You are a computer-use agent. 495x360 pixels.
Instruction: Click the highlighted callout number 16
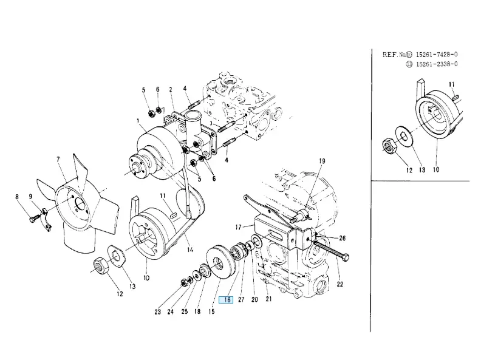pos(227,299)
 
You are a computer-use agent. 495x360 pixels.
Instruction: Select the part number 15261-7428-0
pos(437,54)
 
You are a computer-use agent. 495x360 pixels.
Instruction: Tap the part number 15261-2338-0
pos(437,64)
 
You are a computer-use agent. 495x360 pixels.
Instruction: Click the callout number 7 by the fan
pos(58,159)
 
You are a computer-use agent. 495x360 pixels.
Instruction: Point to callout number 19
pos(322,161)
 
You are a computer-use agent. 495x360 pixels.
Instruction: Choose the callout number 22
pos(340,284)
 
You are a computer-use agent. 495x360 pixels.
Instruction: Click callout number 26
pos(342,238)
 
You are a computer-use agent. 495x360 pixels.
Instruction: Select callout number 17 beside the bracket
pos(238,227)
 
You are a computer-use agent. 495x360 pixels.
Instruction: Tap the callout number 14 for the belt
pos(189,250)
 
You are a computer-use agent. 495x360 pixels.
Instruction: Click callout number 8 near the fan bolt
pos(17,197)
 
